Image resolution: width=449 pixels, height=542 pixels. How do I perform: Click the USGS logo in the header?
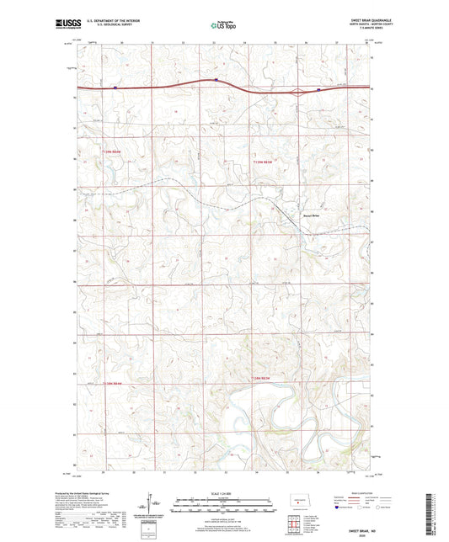pyautogui.click(x=61, y=25)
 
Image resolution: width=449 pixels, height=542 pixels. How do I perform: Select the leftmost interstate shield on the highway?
pyautogui.click(x=113, y=86)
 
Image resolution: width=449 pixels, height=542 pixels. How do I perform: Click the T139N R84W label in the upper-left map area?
pyautogui.click(x=117, y=151)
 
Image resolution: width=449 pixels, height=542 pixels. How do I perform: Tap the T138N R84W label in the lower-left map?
pyautogui.click(x=117, y=383)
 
